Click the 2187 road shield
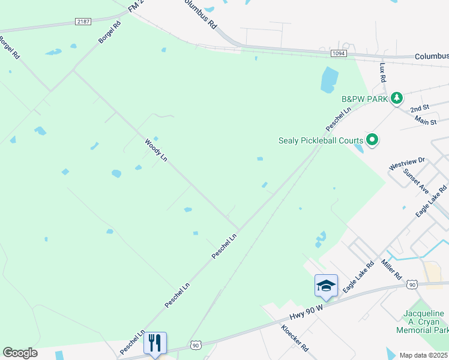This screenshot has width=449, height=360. pyautogui.click(x=83, y=22)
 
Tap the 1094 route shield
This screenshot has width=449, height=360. pyautogui.click(x=337, y=54)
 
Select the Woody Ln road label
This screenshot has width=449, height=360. pyautogui.click(x=155, y=150)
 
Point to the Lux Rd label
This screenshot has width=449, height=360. pyautogui.click(x=382, y=74)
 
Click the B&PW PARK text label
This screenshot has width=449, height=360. pyautogui.click(x=364, y=98)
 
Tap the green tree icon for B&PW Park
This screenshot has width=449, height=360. pyautogui.click(x=396, y=98)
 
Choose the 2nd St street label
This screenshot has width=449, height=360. pyautogui.click(x=419, y=109)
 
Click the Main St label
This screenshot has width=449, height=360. pyautogui.click(x=425, y=120)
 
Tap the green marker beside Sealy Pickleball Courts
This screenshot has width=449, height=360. pyautogui.click(x=372, y=140)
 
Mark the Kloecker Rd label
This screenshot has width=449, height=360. pyautogui.click(x=295, y=338)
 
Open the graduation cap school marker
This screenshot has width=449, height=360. pyautogui.click(x=326, y=286)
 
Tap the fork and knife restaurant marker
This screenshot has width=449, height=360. pyautogui.click(x=155, y=343)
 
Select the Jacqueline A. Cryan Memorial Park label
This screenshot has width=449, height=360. pyautogui.click(x=423, y=322)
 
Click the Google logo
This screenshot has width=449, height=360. pyautogui.click(x=20, y=353)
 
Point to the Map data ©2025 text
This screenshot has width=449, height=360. pyautogui.click(x=423, y=355)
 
